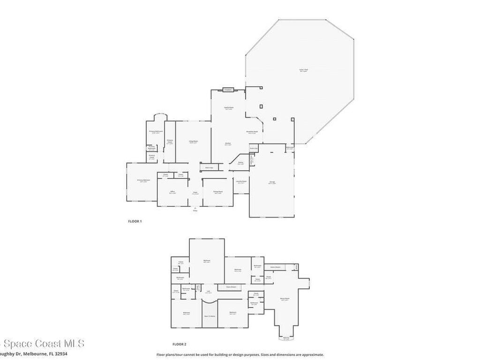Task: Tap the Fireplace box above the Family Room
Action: pyautogui.click(x=228, y=90)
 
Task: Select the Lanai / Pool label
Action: pyautogui.click(x=304, y=70)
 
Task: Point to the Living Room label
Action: pyautogui.click(x=193, y=142)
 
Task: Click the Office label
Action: pyautogui.click(x=172, y=192)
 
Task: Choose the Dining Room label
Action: pyautogui.click(x=218, y=192)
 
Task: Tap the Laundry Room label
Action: pyautogui.click(x=241, y=181)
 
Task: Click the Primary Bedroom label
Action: pyautogui.click(x=143, y=180)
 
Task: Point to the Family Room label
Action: pyautogui.click(x=228, y=108)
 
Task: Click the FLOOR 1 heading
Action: pyautogui.click(x=135, y=221)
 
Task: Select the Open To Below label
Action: pyautogui.click(x=210, y=316)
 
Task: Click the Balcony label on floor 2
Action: pyautogui.click(x=286, y=338)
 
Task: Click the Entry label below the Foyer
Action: pyautogui.click(x=195, y=210)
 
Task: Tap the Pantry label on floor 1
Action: pyautogui.click(x=240, y=163)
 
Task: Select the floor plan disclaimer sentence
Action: pyautogui.click(x=240, y=355)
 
